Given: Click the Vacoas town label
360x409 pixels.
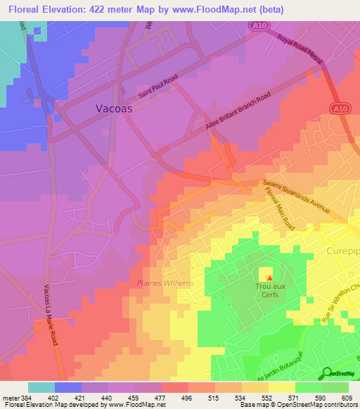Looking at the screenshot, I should tap(115, 109).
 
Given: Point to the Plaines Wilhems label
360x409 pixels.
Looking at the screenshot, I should tap(165, 283).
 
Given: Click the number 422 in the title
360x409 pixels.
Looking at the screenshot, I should tap(103, 9).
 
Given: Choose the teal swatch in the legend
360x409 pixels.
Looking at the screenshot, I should tap(41, 387).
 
